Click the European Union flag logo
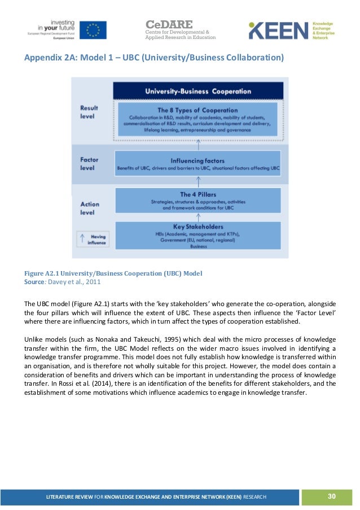(93, 30)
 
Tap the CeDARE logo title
(169, 25)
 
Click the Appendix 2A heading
(153, 59)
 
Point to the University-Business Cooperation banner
(198, 90)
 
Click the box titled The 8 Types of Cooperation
(198, 120)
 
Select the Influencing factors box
(198, 163)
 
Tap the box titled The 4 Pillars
(198, 200)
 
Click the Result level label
(89, 111)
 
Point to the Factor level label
(89, 164)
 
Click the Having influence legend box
(94, 240)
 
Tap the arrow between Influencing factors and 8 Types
(198, 145)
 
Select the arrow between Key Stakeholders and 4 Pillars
(198, 217)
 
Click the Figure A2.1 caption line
(113, 273)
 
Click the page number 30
(331, 496)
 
